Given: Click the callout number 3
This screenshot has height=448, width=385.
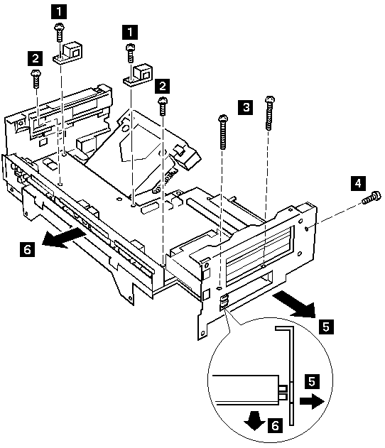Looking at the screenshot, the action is [x=245, y=107].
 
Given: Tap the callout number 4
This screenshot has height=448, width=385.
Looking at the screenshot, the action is [x=358, y=183].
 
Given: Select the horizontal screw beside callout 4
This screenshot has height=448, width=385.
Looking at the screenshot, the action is [x=372, y=197].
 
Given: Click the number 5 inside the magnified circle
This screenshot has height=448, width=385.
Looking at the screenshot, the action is [x=312, y=381].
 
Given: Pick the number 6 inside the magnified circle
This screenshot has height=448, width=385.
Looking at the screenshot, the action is [x=275, y=425].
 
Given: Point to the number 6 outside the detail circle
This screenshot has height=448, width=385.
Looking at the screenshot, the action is [x=28, y=249].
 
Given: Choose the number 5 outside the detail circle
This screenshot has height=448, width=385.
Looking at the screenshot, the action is [x=326, y=327].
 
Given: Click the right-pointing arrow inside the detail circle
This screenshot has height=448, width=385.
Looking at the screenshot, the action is [x=312, y=401].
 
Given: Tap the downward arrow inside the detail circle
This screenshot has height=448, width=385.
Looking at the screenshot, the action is [x=255, y=420].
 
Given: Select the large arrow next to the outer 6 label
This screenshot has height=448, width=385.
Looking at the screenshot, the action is [x=63, y=238].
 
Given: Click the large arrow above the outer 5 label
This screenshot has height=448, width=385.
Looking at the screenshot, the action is [x=294, y=305].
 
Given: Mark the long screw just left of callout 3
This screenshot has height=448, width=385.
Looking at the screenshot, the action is [x=223, y=132].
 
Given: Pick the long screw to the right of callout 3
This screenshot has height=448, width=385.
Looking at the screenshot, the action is [x=269, y=113].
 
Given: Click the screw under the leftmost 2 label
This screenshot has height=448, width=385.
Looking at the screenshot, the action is [x=36, y=79].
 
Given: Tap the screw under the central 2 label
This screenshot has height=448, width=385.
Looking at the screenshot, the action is [x=163, y=106].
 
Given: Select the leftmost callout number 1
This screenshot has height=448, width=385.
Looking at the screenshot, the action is [x=59, y=11].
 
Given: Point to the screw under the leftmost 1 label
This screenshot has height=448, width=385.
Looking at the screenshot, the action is [x=59, y=33].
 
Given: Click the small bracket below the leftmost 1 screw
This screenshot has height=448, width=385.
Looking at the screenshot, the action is [x=67, y=53].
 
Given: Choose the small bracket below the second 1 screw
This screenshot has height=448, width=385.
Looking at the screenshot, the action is [x=138, y=75].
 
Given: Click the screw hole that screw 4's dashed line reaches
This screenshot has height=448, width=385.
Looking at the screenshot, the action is [x=306, y=228].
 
